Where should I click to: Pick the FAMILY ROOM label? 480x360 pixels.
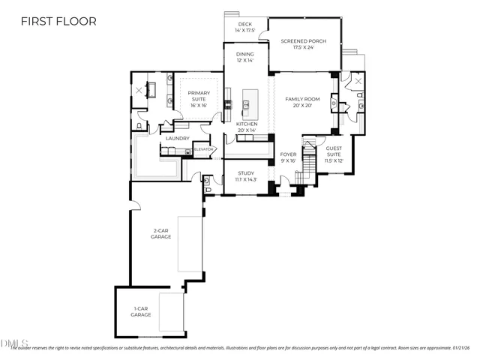[x=302, y=99]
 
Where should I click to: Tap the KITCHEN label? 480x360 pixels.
[x=247, y=124]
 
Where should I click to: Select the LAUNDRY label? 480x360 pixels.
[x=177, y=138]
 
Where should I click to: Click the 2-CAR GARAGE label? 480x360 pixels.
[x=160, y=233]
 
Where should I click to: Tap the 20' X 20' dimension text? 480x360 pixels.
[x=302, y=106]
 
